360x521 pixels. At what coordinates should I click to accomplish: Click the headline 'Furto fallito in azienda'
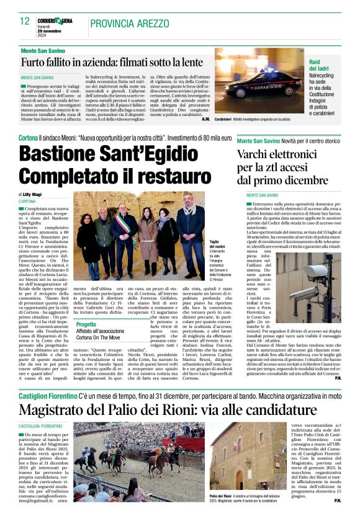pyautogui.click(x=112, y=63)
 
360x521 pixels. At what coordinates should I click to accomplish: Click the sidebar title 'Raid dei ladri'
pyautogui.click(x=322, y=66)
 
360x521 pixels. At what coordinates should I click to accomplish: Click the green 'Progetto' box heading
pyautogui.click(x=86, y=324)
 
